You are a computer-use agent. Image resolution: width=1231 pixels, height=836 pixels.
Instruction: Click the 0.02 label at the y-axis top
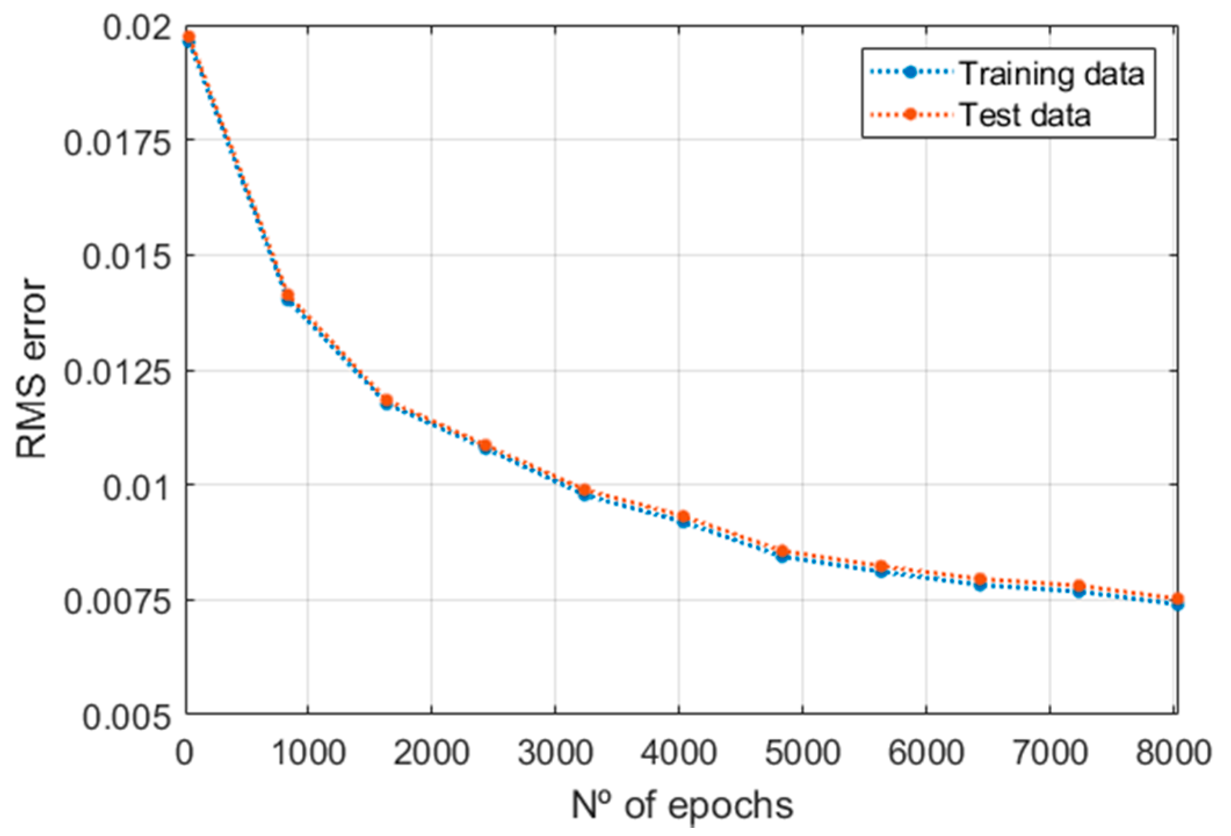click(137, 27)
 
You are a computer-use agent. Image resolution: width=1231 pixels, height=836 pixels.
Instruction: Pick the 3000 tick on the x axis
click(555, 752)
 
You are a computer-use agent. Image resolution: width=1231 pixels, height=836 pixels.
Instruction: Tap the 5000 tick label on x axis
click(802, 752)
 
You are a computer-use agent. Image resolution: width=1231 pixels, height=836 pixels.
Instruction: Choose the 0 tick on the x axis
click(184, 752)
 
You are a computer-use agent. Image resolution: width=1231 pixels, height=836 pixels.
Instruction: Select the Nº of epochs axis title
click(682, 805)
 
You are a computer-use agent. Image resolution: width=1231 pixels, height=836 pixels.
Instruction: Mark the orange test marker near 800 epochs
click(288, 295)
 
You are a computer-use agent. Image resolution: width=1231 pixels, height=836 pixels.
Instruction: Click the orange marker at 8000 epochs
click(1178, 599)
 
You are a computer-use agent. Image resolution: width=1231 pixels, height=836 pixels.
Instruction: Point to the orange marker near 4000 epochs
click(683, 516)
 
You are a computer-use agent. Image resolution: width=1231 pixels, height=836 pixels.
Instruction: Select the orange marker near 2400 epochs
click(485, 445)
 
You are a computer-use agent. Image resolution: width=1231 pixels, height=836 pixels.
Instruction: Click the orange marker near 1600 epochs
click(386, 400)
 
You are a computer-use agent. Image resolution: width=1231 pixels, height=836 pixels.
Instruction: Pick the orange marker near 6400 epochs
click(980, 578)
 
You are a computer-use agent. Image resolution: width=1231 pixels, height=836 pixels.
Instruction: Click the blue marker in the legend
click(910, 73)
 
